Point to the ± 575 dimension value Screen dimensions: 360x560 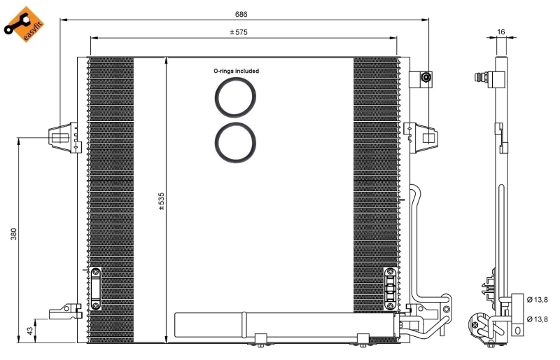(239, 32)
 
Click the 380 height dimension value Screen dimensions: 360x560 (13, 234)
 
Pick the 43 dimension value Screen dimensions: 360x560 (29, 330)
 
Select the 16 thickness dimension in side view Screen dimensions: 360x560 (500, 32)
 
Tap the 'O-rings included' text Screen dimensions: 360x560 (236, 71)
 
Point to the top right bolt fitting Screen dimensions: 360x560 (426, 78)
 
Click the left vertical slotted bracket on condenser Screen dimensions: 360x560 (95, 289)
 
